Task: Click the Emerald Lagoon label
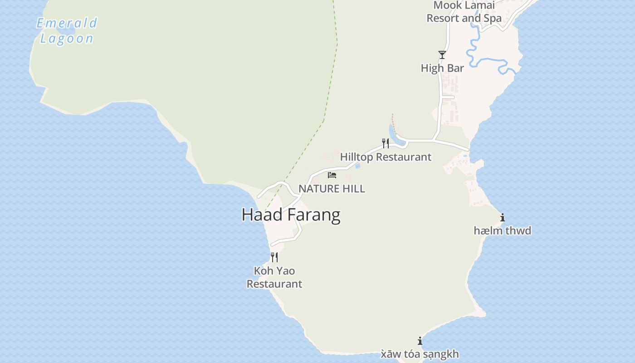pyautogui.click(x=67, y=30)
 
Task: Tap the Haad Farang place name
pyautogui.click(x=291, y=215)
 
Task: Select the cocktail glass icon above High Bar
pyautogui.click(x=442, y=55)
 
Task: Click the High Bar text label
pyautogui.click(x=442, y=68)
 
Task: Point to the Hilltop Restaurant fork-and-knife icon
pyautogui.click(x=386, y=143)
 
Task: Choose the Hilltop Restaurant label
pyautogui.click(x=386, y=157)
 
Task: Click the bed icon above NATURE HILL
pyautogui.click(x=332, y=175)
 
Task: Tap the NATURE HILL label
pyautogui.click(x=332, y=189)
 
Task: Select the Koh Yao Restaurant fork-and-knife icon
pyautogui.click(x=274, y=257)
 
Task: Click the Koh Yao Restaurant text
pyautogui.click(x=274, y=277)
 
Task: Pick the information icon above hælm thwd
pyautogui.click(x=502, y=218)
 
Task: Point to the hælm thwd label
pyautogui.click(x=502, y=231)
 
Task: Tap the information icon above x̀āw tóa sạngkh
pyautogui.click(x=420, y=341)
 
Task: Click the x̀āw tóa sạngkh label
pyautogui.click(x=420, y=354)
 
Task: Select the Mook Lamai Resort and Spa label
pyautogui.click(x=464, y=12)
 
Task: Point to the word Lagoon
pyautogui.click(x=67, y=39)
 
